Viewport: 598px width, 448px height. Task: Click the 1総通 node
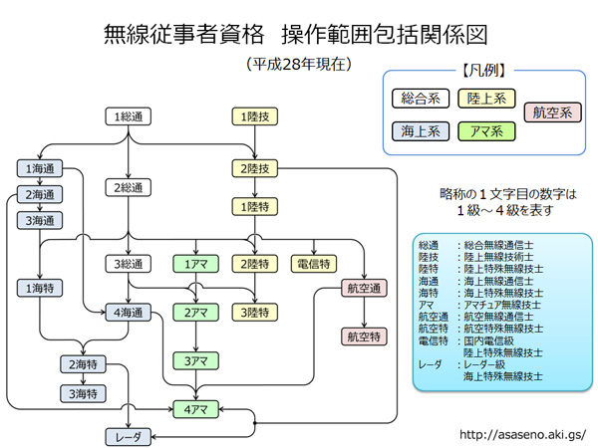coord(130,116)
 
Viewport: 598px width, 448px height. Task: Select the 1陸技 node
coord(256,116)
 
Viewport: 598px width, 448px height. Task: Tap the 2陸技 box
coord(256,167)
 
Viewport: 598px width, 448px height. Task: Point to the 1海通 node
coord(39,169)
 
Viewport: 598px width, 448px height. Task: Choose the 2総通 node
coord(130,187)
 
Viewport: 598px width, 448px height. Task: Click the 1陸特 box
coord(256,206)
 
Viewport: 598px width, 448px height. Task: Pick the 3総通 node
coord(130,264)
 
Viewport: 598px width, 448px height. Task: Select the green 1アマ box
coord(195,264)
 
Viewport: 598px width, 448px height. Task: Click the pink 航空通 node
coord(364,289)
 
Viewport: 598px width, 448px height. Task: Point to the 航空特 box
coord(364,337)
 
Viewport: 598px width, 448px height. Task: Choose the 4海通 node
coord(130,313)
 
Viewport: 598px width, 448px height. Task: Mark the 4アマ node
coord(195,408)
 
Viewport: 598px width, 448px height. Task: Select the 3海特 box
coord(81,393)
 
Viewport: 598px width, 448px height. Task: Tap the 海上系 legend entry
coord(420,129)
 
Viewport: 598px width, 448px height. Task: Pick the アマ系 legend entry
coord(485,129)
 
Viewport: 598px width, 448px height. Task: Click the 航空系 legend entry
coord(551,112)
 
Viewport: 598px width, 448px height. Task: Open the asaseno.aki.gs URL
coord(521,435)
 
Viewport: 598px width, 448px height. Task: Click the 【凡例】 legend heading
coord(485,71)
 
